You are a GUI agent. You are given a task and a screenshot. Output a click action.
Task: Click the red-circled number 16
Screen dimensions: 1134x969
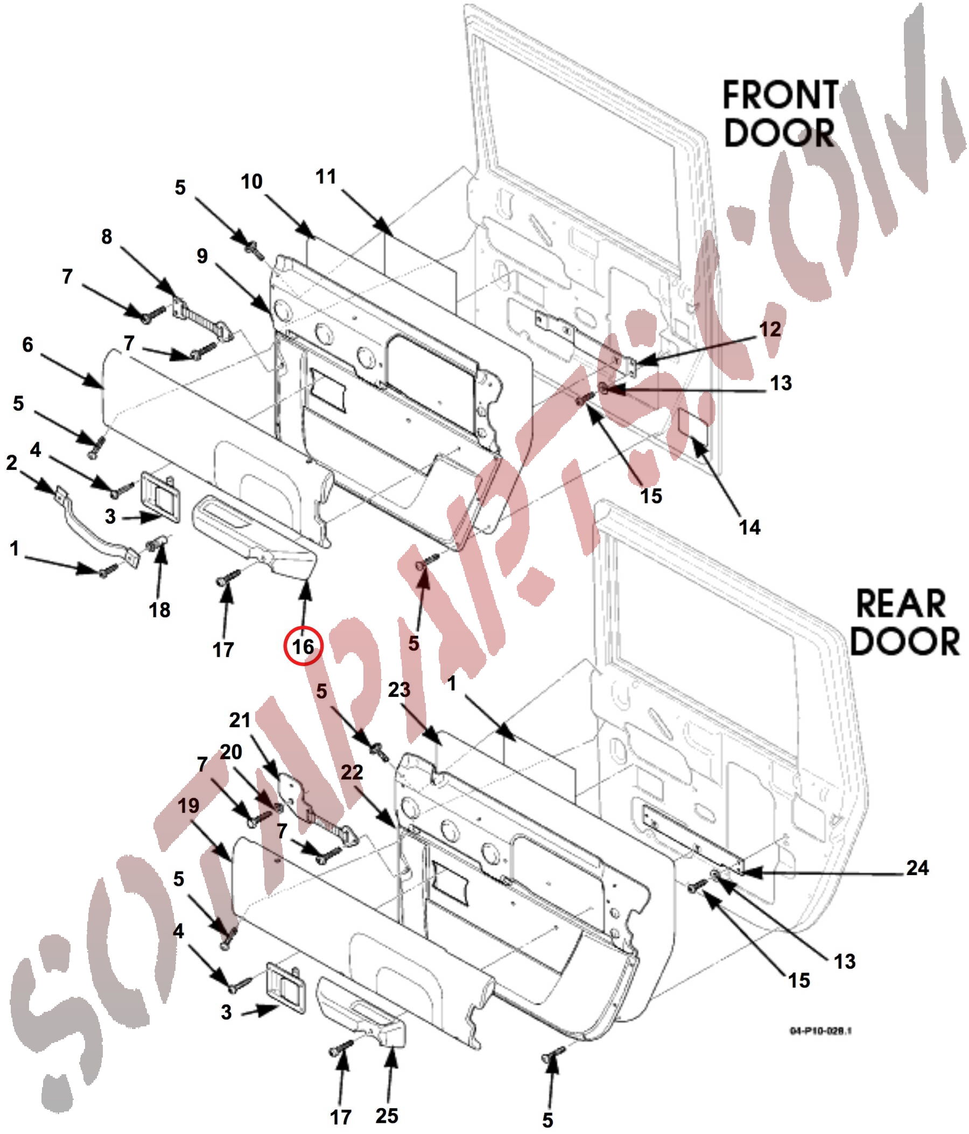pos(303,646)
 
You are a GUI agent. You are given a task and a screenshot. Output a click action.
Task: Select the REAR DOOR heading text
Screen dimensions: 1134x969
pos(903,622)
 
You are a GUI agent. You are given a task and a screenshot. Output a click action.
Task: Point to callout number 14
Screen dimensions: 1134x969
pos(749,527)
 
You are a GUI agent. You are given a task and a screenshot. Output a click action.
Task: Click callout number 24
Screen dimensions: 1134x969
pos(917,868)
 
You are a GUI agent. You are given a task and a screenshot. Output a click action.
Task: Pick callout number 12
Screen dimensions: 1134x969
pos(770,329)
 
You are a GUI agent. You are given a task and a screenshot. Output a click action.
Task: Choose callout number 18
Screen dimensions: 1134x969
pos(159,610)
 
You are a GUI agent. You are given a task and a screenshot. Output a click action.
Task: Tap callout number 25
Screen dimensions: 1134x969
pos(387,1115)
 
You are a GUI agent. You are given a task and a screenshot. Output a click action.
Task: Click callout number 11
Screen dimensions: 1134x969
pos(326,177)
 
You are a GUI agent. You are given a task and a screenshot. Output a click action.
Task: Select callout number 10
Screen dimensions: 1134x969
pos(251,181)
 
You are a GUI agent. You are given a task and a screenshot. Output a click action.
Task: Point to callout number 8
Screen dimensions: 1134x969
pos(106,236)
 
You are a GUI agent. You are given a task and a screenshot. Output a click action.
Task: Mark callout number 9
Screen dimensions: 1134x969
pos(202,256)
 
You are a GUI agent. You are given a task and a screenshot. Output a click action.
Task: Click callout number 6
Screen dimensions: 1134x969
pos(27,344)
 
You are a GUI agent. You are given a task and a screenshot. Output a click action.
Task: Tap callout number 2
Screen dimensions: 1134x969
pos(11,463)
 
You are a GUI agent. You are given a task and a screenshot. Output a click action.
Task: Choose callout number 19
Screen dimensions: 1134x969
pos(188,805)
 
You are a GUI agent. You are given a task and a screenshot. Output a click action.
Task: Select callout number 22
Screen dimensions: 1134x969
pos(352,772)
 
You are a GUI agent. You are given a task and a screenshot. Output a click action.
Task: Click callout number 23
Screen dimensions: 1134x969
pos(398,689)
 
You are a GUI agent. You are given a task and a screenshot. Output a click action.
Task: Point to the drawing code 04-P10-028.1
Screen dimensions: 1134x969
pos(819,1031)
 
